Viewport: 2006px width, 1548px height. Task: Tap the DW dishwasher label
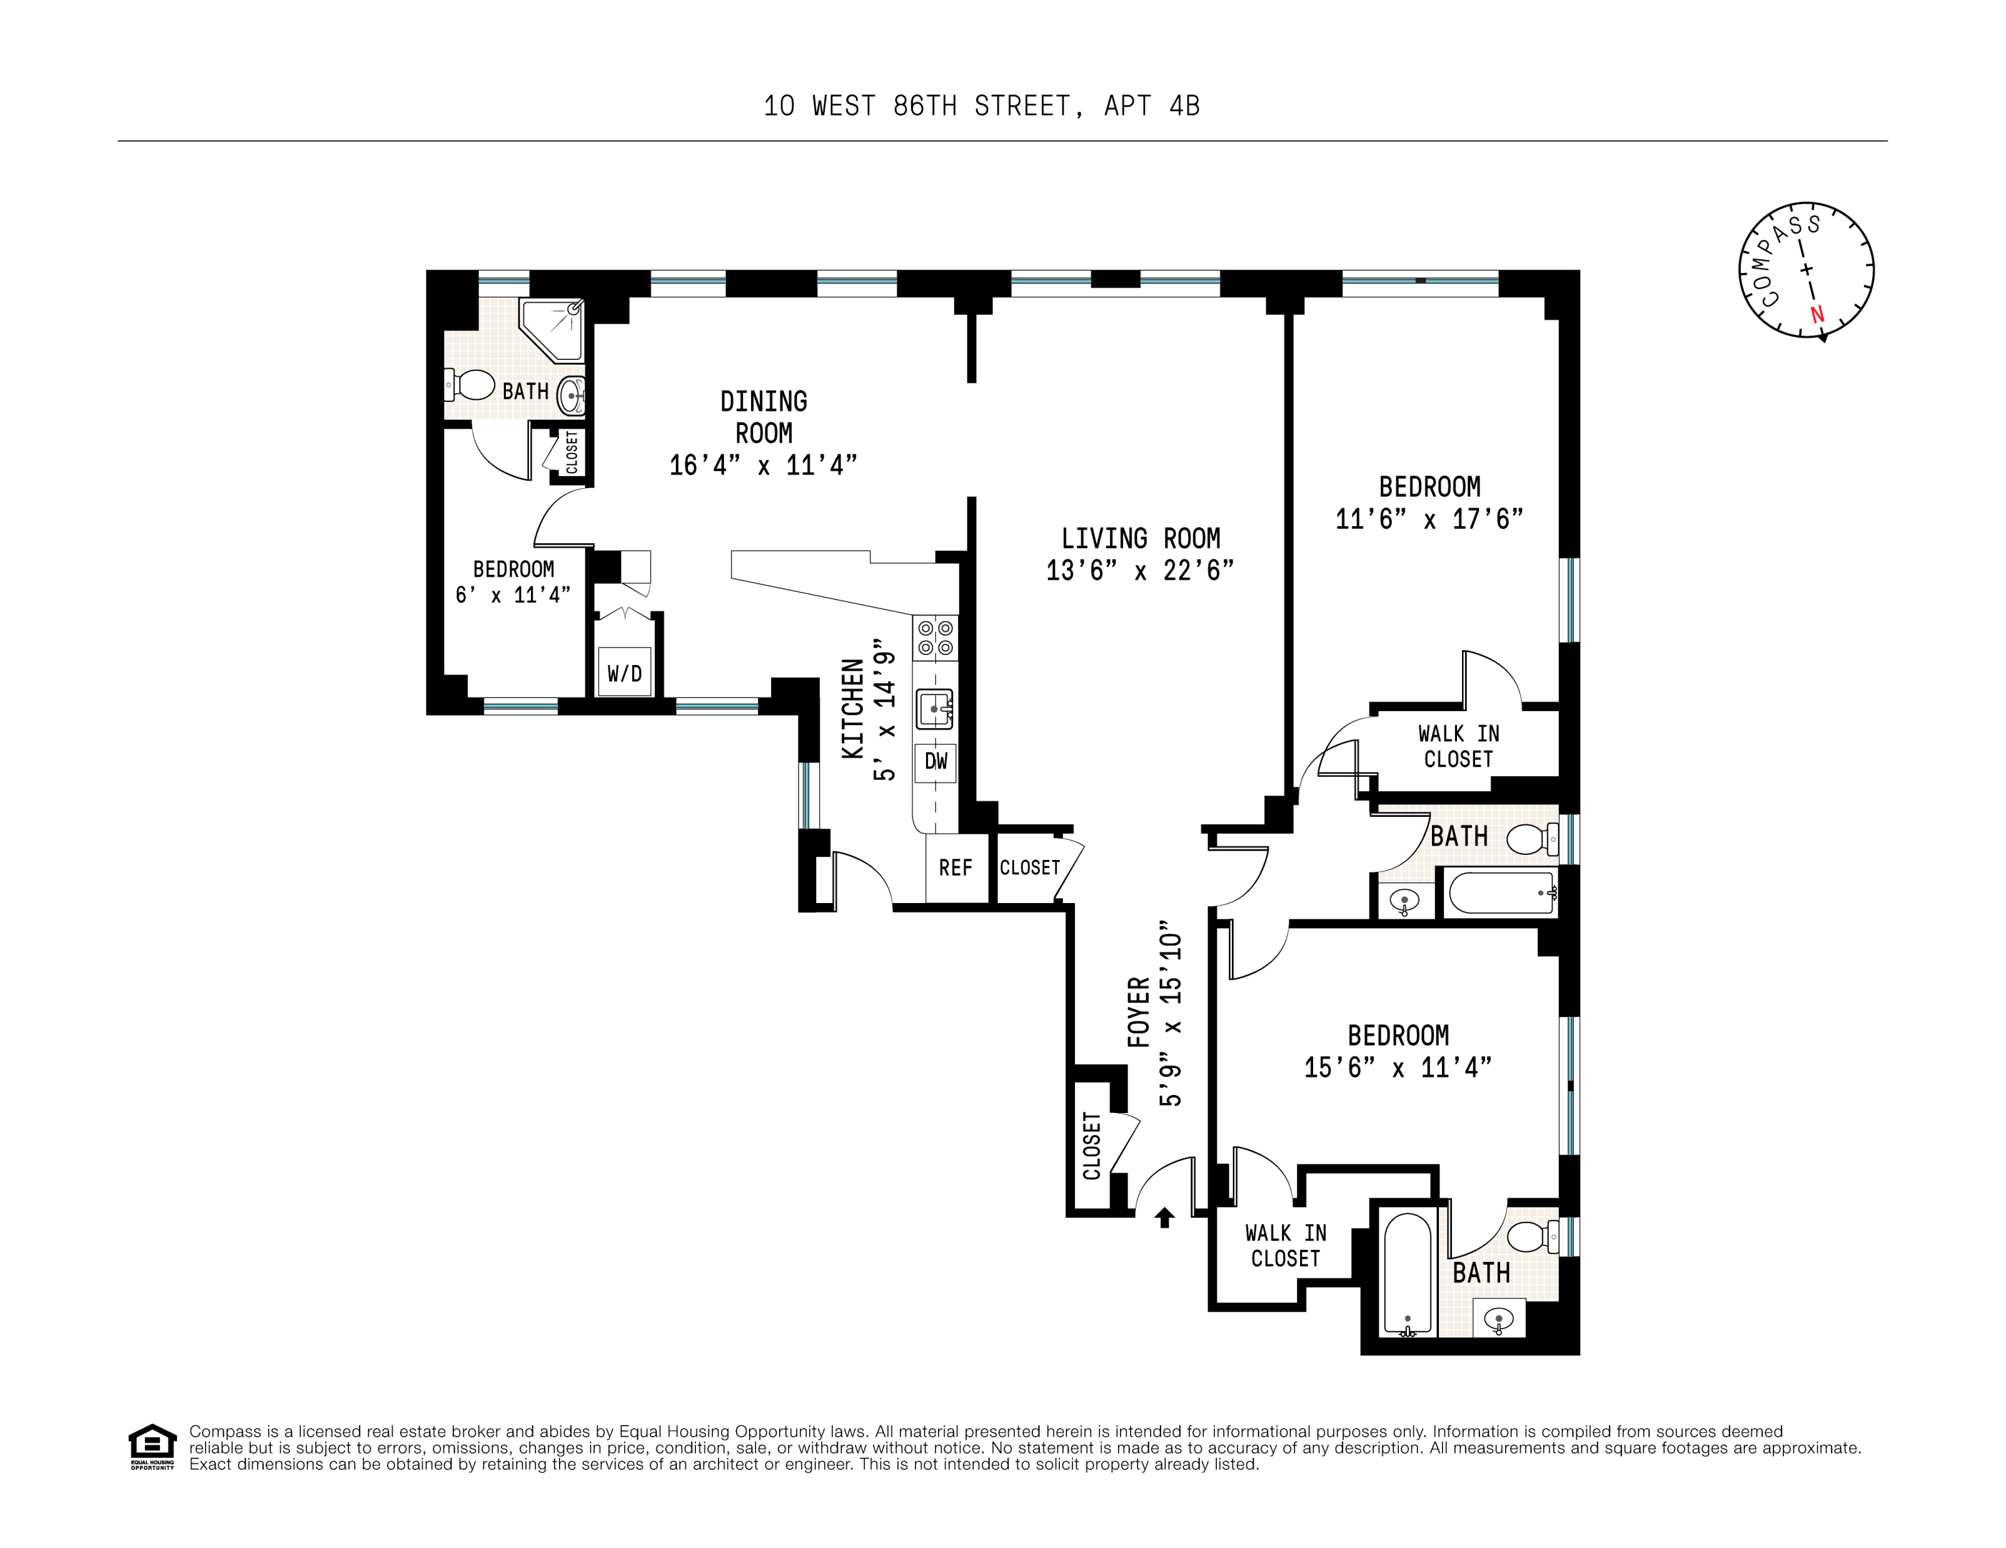pyautogui.click(x=935, y=761)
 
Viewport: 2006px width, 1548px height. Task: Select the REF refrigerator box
pyautogui.click(x=956, y=867)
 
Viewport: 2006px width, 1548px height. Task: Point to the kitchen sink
pyautogui.click(x=935, y=709)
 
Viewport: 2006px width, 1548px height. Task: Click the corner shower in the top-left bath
pyautogui.click(x=551, y=329)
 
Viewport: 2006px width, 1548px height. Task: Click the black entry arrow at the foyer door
pyautogui.click(x=1165, y=1217)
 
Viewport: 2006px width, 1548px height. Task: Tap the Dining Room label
pyautogui.click(x=764, y=417)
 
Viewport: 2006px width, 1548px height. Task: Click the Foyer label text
pyautogui.click(x=1139, y=1012)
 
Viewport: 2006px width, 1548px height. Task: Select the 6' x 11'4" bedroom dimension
pyautogui.click(x=513, y=595)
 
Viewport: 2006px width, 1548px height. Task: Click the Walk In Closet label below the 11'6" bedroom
pyautogui.click(x=1459, y=746)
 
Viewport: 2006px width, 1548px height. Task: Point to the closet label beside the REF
pyautogui.click(x=1030, y=867)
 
